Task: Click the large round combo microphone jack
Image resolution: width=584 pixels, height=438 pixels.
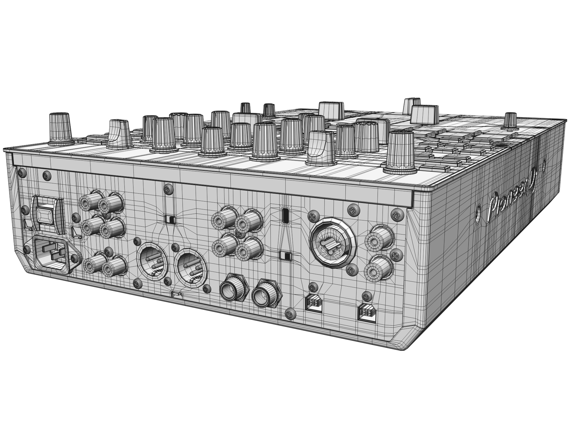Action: point(332,242)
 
